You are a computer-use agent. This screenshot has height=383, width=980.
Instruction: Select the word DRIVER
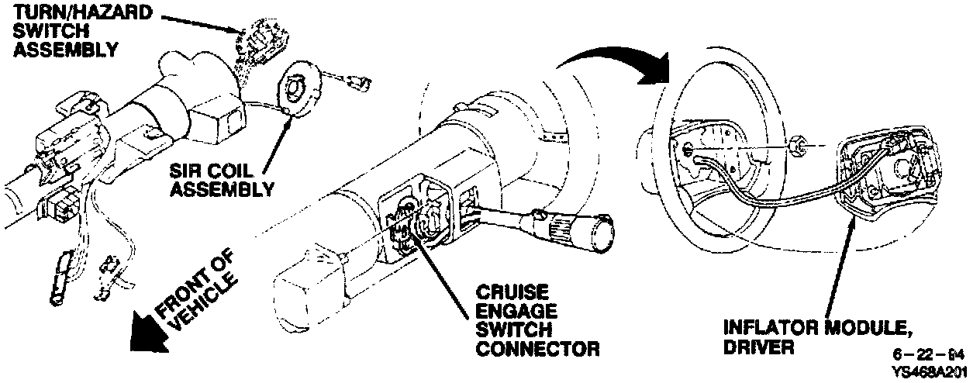[x=758, y=348]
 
